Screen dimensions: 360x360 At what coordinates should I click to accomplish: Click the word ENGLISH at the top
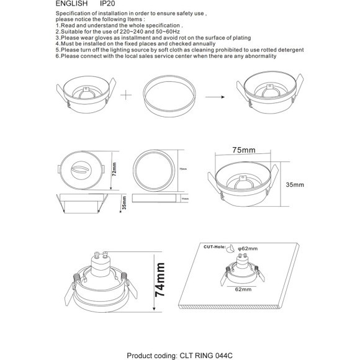[71, 4]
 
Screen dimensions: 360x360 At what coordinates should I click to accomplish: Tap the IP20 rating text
[107, 4]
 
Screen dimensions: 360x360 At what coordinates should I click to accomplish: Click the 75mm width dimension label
[244, 150]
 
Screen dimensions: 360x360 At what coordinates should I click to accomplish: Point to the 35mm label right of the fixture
[295, 185]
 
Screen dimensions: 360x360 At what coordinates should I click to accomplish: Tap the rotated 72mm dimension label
[114, 170]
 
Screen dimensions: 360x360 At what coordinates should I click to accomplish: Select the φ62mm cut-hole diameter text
[248, 248]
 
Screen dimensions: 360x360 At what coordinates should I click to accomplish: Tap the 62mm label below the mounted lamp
[243, 289]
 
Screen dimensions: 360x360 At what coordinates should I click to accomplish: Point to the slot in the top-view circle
[81, 169]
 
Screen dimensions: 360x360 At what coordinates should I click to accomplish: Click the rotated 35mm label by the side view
[124, 204]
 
